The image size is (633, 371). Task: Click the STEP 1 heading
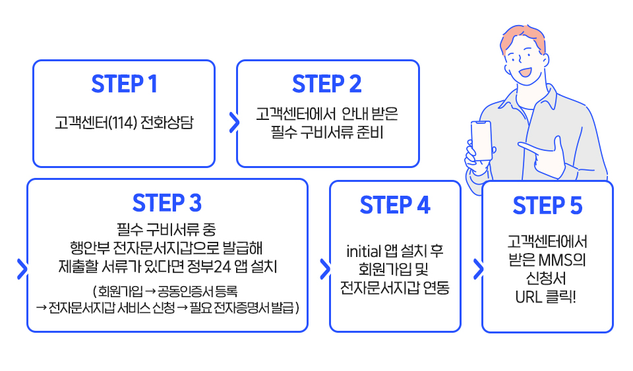(124, 84)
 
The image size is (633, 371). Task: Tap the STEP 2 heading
(327, 84)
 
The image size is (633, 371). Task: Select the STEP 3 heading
(167, 203)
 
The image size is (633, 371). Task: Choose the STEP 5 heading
(547, 206)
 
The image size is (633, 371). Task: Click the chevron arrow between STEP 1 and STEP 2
(234, 121)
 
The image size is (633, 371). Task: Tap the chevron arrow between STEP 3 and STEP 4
(324, 269)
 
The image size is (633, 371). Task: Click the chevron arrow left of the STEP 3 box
(22, 269)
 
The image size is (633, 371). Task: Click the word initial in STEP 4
(362, 252)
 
